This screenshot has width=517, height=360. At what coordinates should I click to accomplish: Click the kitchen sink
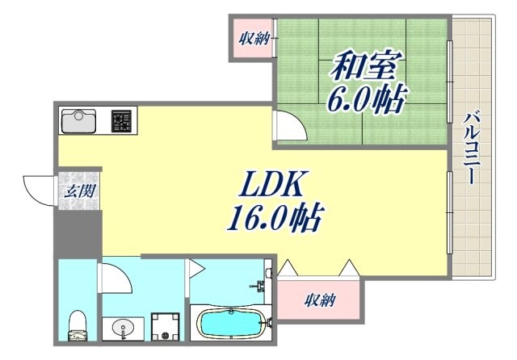tap(78, 121)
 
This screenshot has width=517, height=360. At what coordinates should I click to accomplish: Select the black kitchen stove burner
tap(121, 121)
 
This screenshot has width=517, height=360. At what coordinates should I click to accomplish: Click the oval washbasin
tap(124, 329)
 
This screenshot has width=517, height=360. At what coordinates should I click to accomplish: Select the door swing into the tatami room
tap(289, 126)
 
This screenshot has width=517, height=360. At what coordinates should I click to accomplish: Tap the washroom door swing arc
tap(114, 278)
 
